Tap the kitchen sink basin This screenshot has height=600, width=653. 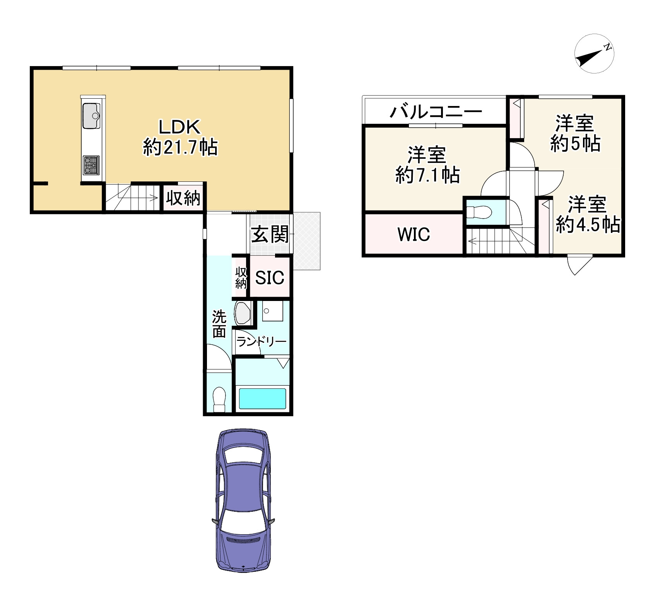tap(91, 116)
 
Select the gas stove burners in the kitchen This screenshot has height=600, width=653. tap(91, 166)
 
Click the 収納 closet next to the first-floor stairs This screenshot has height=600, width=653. tap(183, 198)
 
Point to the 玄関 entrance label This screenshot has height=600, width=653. tap(270, 234)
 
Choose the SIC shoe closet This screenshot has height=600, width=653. tap(270, 277)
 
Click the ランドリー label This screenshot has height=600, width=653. tap(261, 342)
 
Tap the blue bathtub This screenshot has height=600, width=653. tap(262, 398)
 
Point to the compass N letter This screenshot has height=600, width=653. tap(608, 47)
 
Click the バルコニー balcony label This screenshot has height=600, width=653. tap(436, 112)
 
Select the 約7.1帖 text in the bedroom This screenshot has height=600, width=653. tap(427, 175)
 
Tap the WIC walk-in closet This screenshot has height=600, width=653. tap(414, 234)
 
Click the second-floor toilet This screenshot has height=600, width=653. tap(479, 212)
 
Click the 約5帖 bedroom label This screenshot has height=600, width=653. tap(575, 144)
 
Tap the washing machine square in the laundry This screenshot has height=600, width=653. tap(272, 311)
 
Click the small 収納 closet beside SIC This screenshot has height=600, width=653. tap(241, 277)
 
